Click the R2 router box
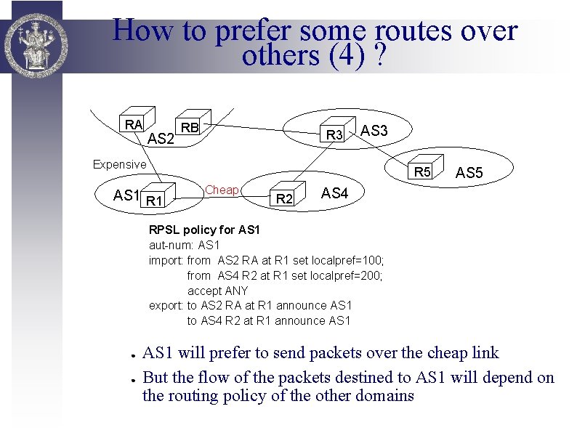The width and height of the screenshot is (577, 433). point(285,198)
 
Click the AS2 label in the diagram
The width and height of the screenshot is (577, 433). point(161,138)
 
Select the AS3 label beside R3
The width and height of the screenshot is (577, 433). point(374,131)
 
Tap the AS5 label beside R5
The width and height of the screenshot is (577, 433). point(468,174)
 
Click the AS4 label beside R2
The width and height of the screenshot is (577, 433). point(335,193)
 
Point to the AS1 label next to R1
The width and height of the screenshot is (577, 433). point(126,195)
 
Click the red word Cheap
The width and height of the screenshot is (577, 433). point(222,190)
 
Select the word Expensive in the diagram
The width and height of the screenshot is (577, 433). point(119,164)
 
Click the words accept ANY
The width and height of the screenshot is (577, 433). point(217,291)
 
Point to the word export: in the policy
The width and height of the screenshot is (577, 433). point(166,305)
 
